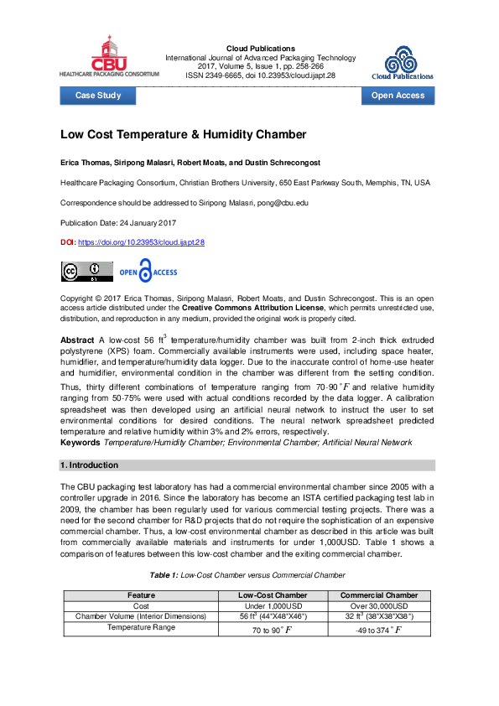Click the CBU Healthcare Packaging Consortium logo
pyautogui.click(x=108, y=56)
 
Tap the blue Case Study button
pyautogui.click(x=98, y=96)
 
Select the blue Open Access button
pyautogui.click(x=398, y=96)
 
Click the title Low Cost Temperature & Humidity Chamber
pyautogui.click(x=183, y=135)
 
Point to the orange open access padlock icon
pyautogui.click(x=147, y=272)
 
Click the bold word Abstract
pyautogui.click(x=77, y=340)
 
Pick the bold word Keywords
pyautogui.click(x=80, y=442)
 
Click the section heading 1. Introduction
pyautogui.click(x=90, y=465)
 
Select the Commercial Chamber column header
pyautogui.click(x=379, y=595)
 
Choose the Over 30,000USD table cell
pyautogui.click(x=379, y=605)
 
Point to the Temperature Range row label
pyautogui.click(x=141, y=626)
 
